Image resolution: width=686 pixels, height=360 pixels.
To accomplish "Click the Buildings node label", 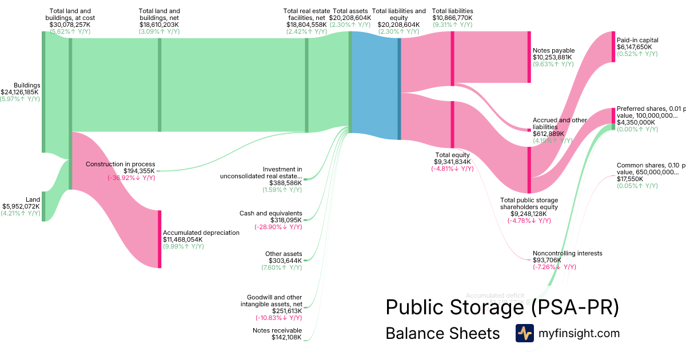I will (27, 85).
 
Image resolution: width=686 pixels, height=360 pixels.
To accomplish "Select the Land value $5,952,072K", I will (21, 206).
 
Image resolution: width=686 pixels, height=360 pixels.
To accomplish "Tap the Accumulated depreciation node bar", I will (159, 239).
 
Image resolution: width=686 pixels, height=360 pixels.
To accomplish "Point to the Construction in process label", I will (120, 164).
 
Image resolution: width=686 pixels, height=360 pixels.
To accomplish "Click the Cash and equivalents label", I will (270, 213).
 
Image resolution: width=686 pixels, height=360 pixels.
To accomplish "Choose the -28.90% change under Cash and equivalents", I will (278, 227).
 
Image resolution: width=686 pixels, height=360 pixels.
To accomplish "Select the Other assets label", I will (284, 254).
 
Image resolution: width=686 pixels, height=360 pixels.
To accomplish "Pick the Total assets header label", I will (351, 11).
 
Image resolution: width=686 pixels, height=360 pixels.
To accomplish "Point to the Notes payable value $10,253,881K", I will (552, 57).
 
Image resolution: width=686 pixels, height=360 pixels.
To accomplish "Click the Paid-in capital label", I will (637, 40).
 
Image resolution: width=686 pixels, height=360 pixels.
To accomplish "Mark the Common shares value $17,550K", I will (630, 179).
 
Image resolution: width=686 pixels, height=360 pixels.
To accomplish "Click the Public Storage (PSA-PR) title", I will (502, 307).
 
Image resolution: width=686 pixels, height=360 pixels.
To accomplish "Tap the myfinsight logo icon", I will (524, 333).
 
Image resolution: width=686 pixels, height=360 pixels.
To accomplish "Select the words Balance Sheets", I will (442, 333).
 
